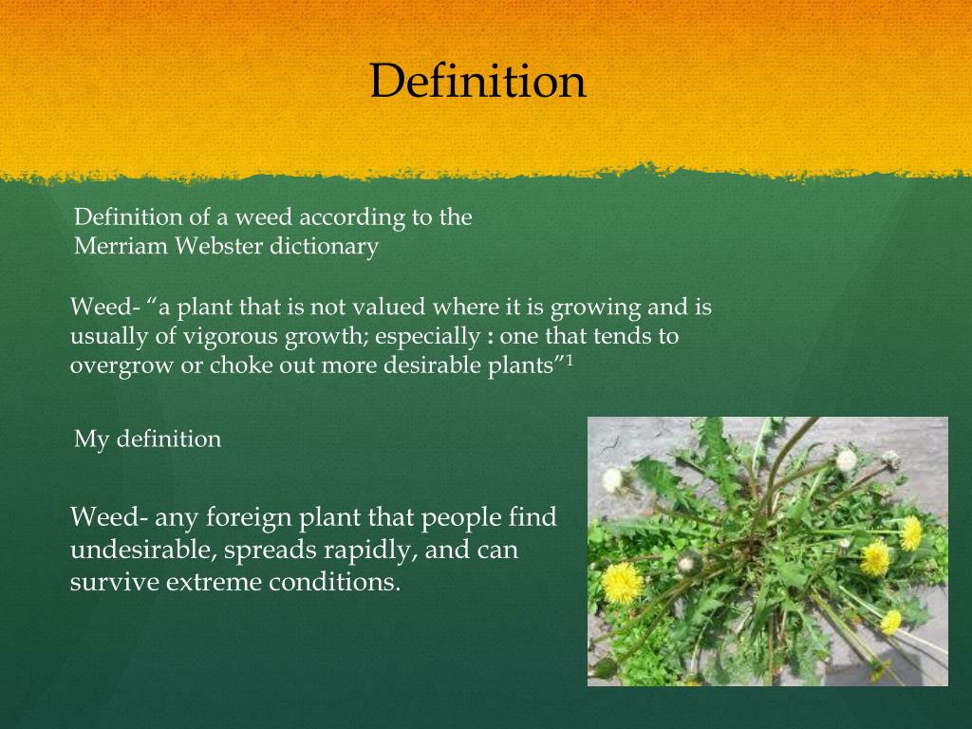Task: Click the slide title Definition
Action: [x=477, y=81]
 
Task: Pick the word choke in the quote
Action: [x=237, y=366]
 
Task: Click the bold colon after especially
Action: [x=490, y=337]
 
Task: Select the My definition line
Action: [x=147, y=439]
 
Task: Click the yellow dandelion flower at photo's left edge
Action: [x=622, y=582]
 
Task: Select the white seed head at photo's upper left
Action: [x=613, y=478]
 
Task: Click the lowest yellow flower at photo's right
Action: [x=890, y=622]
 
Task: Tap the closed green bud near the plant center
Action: [x=689, y=563]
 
